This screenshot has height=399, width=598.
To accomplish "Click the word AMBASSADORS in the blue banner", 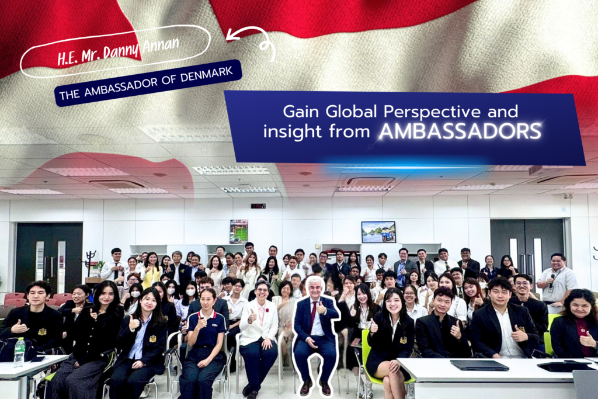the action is [x=460, y=131].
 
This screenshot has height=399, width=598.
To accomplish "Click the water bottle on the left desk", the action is [x=19, y=352].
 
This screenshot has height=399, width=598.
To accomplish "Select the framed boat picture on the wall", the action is [x=378, y=232].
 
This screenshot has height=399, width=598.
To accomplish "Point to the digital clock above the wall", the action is [x=258, y=206].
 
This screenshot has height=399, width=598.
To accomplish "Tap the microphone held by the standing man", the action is [x=551, y=283].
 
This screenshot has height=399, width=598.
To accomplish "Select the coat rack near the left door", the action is [x=91, y=263].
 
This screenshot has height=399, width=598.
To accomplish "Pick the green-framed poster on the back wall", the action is [x=239, y=231].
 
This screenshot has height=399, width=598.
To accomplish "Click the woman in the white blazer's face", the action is [x=263, y=292].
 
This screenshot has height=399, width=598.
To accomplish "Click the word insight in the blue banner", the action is [x=293, y=132].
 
